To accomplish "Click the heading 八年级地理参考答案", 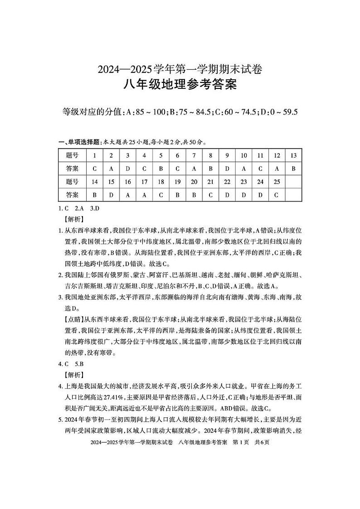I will tap(180, 85).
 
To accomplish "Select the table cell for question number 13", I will tap(293, 155).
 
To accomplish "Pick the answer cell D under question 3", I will tap(128, 169).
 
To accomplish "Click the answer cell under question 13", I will tap(293, 169).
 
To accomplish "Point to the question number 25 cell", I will tap(277, 182).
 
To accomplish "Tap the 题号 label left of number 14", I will tap(72, 182).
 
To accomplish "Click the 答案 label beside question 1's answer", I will tap(72, 169).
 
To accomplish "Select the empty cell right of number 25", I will tap(293, 182).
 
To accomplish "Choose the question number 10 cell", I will tap(244, 155).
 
